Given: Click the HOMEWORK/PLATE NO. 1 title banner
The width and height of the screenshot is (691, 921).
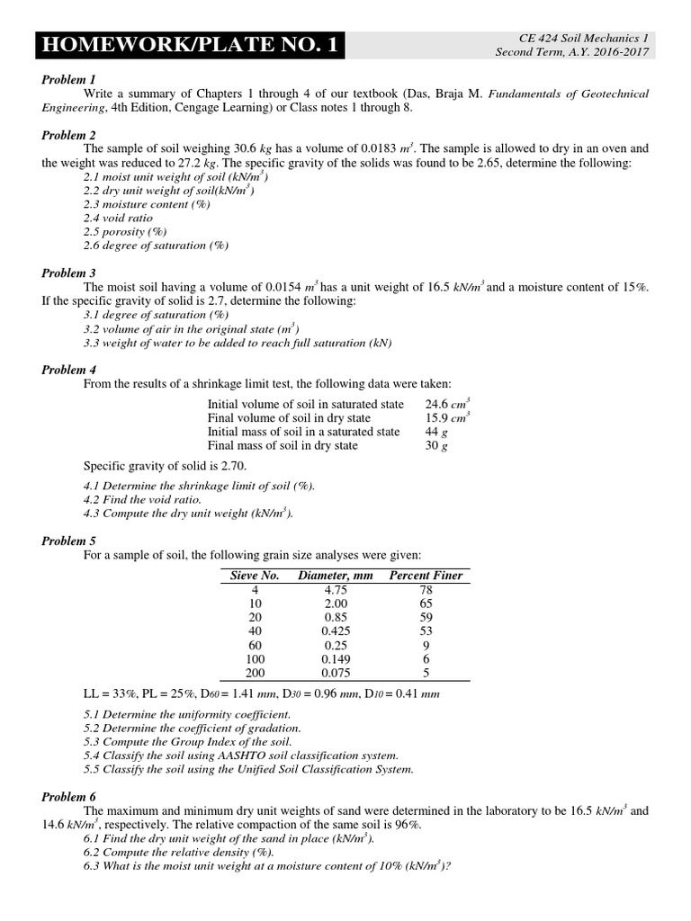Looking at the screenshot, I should pos(190,45).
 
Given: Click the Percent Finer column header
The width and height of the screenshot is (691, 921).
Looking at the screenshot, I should pos(426,576).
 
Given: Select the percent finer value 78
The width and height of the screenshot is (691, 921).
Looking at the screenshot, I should pos(426,590).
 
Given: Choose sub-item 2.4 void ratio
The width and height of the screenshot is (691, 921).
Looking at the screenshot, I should pos(118,218).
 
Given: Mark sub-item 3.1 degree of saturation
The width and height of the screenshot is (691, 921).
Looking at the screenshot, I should pos(156,315).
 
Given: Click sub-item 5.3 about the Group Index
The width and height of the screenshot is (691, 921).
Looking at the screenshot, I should pos(187,742).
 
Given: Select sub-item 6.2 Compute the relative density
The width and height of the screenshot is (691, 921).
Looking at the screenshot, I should pos(179,852).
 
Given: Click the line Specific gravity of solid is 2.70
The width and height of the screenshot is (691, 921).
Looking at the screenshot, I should pos(165,466).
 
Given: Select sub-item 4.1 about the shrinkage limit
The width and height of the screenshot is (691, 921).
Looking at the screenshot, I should pos(199,486).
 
